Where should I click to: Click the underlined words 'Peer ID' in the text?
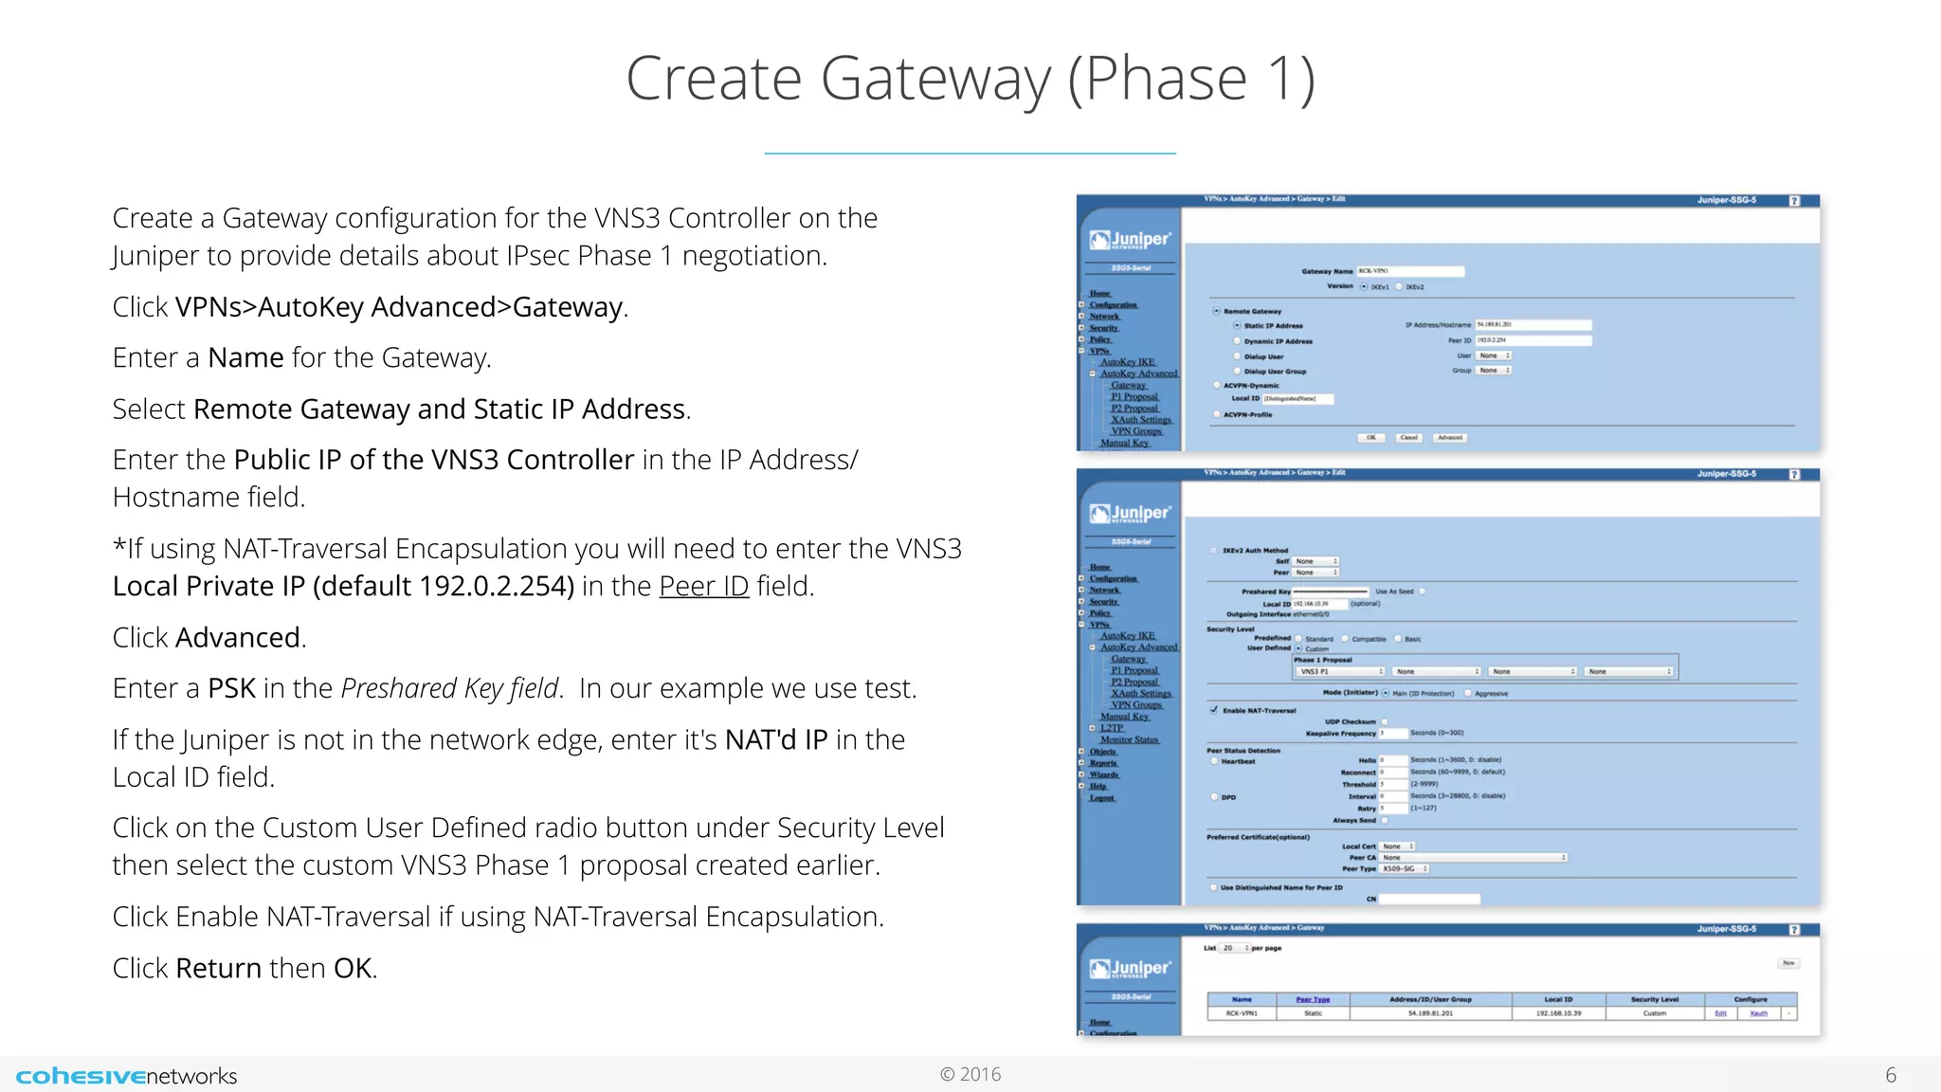(703, 587)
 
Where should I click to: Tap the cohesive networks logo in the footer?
(126, 1076)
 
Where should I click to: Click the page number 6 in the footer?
(1890, 1075)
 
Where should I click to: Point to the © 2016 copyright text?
(970, 1074)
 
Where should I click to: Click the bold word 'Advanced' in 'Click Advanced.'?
(237, 638)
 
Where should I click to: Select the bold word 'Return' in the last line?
(218, 968)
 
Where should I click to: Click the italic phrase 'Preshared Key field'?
(448, 688)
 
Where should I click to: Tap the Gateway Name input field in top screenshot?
(1410, 271)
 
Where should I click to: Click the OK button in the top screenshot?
(1370, 438)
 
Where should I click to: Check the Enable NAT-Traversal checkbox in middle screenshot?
(1214, 710)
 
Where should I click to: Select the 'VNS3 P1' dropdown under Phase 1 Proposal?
(1340, 671)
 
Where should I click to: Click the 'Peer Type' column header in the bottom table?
(1313, 999)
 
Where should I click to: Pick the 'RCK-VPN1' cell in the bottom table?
(1242, 1013)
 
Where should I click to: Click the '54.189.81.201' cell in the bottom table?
(1430, 1013)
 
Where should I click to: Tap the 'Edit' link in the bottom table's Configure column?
(1720, 1013)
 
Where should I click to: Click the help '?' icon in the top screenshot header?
(1794, 201)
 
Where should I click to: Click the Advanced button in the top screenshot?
(1450, 438)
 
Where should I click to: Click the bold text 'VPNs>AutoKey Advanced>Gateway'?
(399, 307)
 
